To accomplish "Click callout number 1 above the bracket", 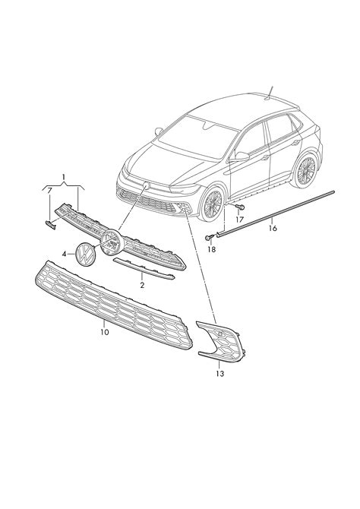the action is coord(64,177).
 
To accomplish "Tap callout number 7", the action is coord(49,191).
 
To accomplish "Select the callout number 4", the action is coord(64,254).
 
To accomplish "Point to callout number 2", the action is coord(142,286).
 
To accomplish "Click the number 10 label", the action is coord(105,332).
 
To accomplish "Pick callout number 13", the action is coord(219,374).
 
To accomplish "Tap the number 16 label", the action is coord(273,228).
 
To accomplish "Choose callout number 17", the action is coord(239,220).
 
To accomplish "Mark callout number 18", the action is coord(211,249).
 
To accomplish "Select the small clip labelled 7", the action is coord(50,224).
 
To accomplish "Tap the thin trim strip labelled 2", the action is coord(144,268).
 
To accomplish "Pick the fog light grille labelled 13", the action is coord(221,341).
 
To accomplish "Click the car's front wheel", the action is coord(212,204).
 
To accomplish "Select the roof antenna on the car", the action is coord(270,93).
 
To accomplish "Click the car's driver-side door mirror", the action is coord(239,156).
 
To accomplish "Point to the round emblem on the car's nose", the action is coord(146,185).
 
